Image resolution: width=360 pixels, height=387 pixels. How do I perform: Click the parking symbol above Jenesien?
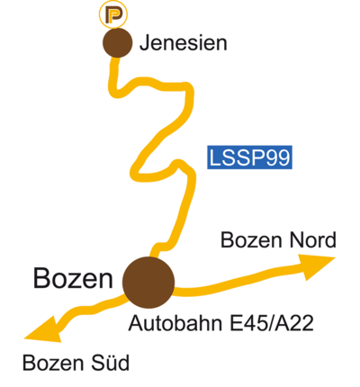[113, 14]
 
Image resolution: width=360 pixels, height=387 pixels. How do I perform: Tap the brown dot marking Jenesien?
[117, 42]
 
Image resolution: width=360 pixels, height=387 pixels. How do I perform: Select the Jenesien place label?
[184, 43]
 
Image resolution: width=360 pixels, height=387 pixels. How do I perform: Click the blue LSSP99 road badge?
[249, 157]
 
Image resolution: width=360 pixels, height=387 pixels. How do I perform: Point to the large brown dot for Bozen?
[148, 283]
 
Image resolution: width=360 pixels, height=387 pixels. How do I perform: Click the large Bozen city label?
[73, 279]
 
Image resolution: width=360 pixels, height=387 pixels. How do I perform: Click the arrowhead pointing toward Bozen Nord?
[316, 266]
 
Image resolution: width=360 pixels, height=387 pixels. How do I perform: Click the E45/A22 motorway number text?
[272, 323]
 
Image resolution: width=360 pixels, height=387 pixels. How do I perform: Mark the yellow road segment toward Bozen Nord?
[237, 279]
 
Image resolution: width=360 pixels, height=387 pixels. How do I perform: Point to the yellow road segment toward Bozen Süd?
[90, 309]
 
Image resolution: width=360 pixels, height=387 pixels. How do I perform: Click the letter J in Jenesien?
[145, 43]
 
